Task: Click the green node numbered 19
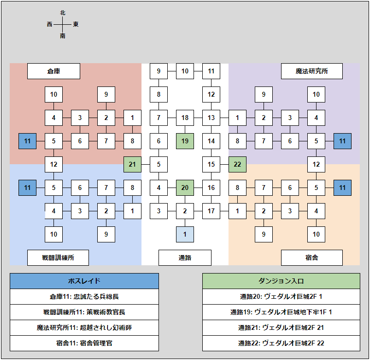[x=185, y=141]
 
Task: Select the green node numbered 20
[x=185, y=188]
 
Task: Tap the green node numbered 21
[x=132, y=164]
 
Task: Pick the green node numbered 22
[x=237, y=164]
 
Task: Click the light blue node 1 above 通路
[x=185, y=234]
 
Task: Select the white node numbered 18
[x=185, y=118]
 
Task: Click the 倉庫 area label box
[x=53, y=71]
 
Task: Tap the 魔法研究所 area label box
[x=312, y=71]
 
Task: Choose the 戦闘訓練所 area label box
[x=58, y=257]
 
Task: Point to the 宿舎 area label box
[x=312, y=257]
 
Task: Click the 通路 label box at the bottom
[x=185, y=257]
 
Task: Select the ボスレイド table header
[x=84, y=281]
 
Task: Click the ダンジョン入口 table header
[x=281, y=281]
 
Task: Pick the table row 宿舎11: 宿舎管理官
[x=84, y=343]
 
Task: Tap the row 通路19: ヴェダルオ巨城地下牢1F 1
[x=281, y=312]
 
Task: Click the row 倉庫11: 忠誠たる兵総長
[x=84, y=296]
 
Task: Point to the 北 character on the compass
[x=63, y=13]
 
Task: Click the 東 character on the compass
[x=76, y=24]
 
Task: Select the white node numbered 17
[x=211, y=211]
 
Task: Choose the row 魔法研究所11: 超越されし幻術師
[x=84, y=327]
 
